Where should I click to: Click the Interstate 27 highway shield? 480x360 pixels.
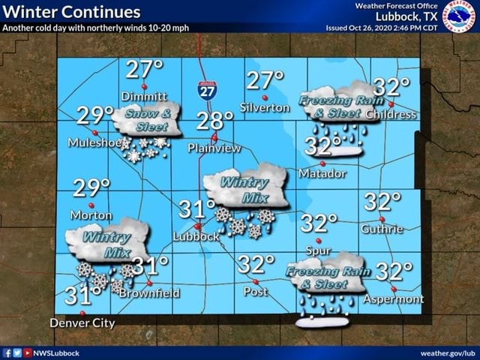208,90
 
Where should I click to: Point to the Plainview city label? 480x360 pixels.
214,148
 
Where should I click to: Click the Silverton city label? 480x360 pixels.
264,107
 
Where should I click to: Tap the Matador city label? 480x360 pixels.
322,173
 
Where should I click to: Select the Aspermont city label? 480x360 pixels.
394,298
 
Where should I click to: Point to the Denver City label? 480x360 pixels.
82,323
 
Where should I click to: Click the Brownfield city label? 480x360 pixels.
150,293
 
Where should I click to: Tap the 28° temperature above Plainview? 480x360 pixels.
215,121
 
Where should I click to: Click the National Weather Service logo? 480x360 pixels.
459,16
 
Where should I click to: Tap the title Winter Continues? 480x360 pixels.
71,12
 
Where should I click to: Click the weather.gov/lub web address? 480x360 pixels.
448,352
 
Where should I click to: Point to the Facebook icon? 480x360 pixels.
7,352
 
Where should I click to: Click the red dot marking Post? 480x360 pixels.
256,282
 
